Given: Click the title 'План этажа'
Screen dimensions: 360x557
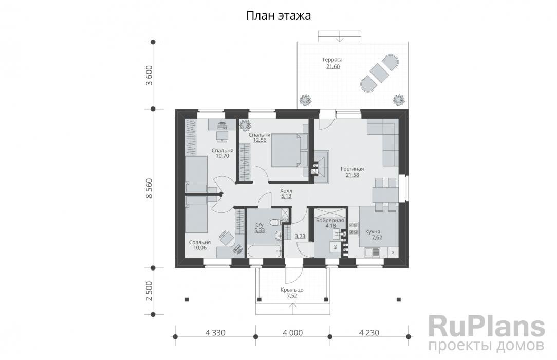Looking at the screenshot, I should tap(278, 16).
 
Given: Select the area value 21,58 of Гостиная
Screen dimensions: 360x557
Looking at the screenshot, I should tap(352, 175).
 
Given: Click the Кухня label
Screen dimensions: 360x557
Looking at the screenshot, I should tap(373, 231).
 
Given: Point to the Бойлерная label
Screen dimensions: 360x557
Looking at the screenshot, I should tap(329, 220).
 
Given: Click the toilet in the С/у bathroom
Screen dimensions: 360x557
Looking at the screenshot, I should tap(274, 222).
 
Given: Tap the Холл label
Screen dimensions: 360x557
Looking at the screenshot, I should tap(286, 190).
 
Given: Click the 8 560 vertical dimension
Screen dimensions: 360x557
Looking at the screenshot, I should tap(149, 188).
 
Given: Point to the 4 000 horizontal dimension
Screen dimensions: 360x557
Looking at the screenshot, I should tap(292, 333).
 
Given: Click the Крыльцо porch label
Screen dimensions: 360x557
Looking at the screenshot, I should tap(291, 290).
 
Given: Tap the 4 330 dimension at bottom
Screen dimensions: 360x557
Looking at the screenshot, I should tap(215, 333).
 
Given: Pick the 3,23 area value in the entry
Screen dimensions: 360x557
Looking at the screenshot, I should tap(300, 237).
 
